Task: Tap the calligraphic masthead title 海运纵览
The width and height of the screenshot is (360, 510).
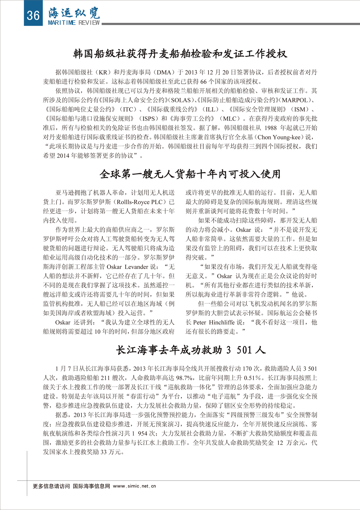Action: point(74,13)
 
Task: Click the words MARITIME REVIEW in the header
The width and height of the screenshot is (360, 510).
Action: point(74,23)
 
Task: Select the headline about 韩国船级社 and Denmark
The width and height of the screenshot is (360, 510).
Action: point(180,54)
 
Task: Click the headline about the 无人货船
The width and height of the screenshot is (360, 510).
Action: point(190,174)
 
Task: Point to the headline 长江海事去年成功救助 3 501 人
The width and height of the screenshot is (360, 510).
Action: point(191,350)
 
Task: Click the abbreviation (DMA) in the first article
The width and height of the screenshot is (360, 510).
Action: point(164,72)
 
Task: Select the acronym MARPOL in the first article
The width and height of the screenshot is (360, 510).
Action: point(295,100)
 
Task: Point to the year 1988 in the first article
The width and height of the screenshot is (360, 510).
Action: point(271,128)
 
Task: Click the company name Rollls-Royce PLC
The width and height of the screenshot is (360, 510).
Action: point(141,202)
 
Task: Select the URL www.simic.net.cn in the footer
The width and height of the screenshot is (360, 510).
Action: point(134,486)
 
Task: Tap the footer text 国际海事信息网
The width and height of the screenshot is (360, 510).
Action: point(91,486)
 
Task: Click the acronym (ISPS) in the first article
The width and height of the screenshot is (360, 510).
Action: point(149,119)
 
